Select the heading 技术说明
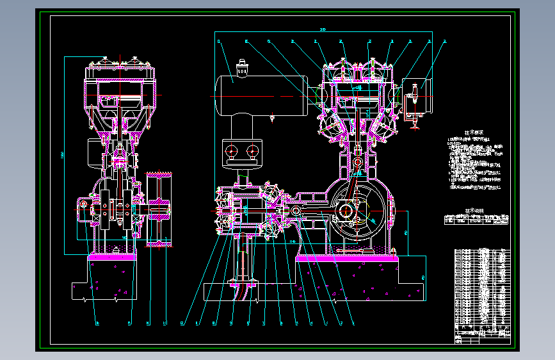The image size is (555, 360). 474,209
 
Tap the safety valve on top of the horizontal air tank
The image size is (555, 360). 242,70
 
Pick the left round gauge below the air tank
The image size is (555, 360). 232,151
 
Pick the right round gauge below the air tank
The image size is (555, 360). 252,151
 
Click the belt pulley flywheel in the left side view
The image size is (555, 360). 157,209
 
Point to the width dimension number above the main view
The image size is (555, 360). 323,29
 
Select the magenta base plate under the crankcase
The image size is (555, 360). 346,258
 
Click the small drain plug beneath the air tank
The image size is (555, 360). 273,118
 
